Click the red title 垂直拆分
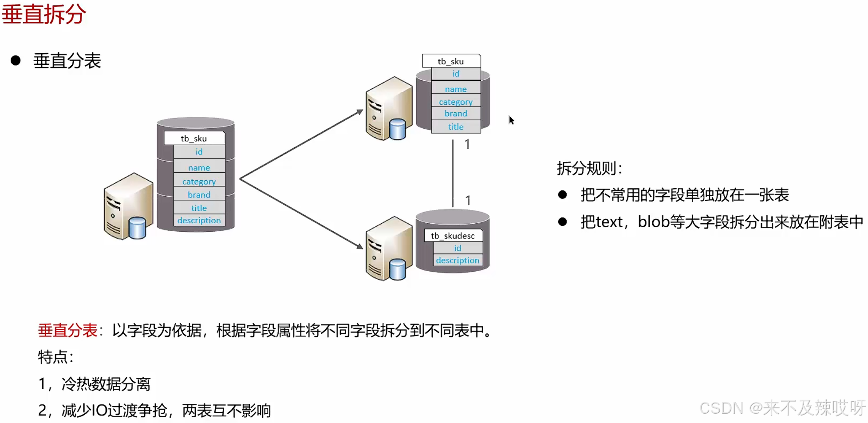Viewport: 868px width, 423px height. click(43, 14)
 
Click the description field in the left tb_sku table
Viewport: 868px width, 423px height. click(199, 221)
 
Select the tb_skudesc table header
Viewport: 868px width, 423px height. click(453, 236)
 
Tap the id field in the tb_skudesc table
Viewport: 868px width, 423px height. click(458, 248)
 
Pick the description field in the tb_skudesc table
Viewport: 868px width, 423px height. click(458, 261)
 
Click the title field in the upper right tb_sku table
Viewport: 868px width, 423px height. click(456, 127)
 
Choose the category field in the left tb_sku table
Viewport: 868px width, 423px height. click(199, 182)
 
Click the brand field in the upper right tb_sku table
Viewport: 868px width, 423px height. click(456, 114)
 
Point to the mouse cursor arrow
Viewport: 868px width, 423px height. click(511, 120)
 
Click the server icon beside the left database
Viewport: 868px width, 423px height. click(128, 206)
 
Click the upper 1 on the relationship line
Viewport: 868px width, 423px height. click(467, 144)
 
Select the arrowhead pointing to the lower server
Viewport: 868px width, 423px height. click(360, 245)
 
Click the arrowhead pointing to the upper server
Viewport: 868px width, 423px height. click(360, 112)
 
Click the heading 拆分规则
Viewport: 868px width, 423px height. click(589, 168)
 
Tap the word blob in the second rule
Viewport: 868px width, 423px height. click(653, 221)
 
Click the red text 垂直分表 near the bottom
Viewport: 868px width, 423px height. click(67, 330)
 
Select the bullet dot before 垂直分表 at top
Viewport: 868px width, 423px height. click(16, 61)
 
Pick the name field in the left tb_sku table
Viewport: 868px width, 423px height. click(199, 168)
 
